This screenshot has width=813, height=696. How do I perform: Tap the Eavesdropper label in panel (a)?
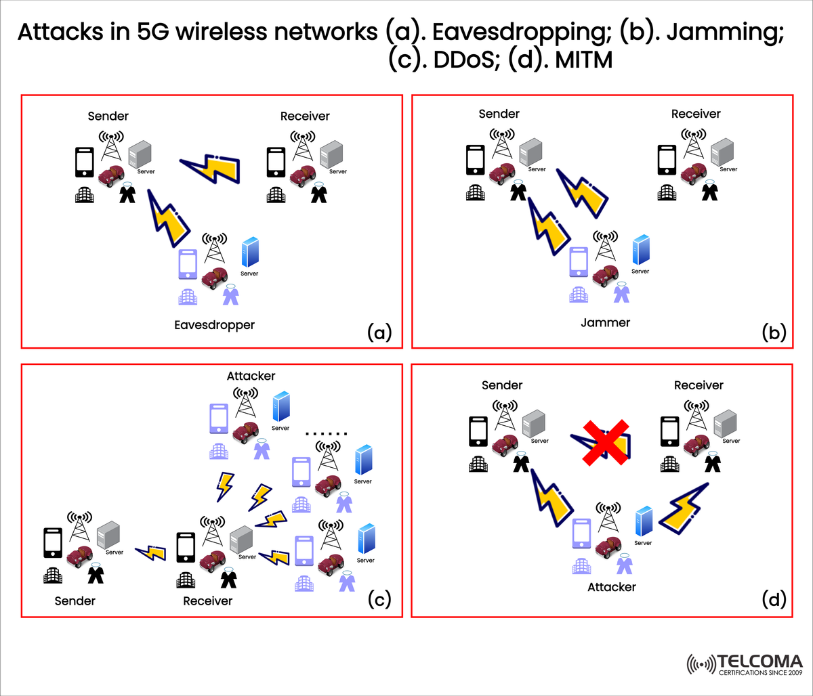pyautogui.click(x=214, y=325)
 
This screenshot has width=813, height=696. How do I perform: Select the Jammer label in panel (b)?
pyautogui.click(x=605, y=322)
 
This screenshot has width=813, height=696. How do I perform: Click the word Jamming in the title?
pyautogui.click(x=720, y=32)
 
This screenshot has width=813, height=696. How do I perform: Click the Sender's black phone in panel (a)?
pyautogui.click(x=85, y=162)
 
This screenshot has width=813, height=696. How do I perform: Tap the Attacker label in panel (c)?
pyautogui.click(x=251, y=376)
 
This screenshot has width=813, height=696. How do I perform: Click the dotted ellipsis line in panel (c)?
pyautogui.click(x=327, y=433)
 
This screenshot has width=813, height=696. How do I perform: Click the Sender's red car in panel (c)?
pyautogui.click(x=79, y=555)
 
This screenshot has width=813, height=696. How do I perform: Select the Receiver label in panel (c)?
pyautogui.click(x=207, y=601)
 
